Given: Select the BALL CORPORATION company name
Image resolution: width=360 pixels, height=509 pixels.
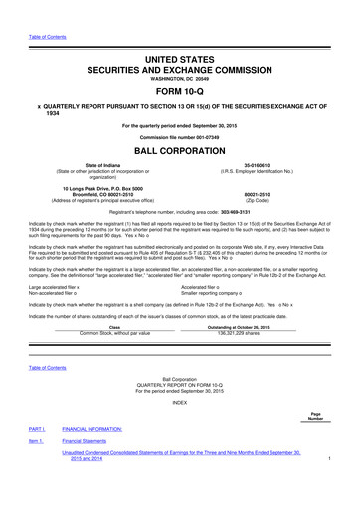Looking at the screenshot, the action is point(180,152).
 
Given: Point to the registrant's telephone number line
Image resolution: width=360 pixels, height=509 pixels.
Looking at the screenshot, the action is point(180,212).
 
